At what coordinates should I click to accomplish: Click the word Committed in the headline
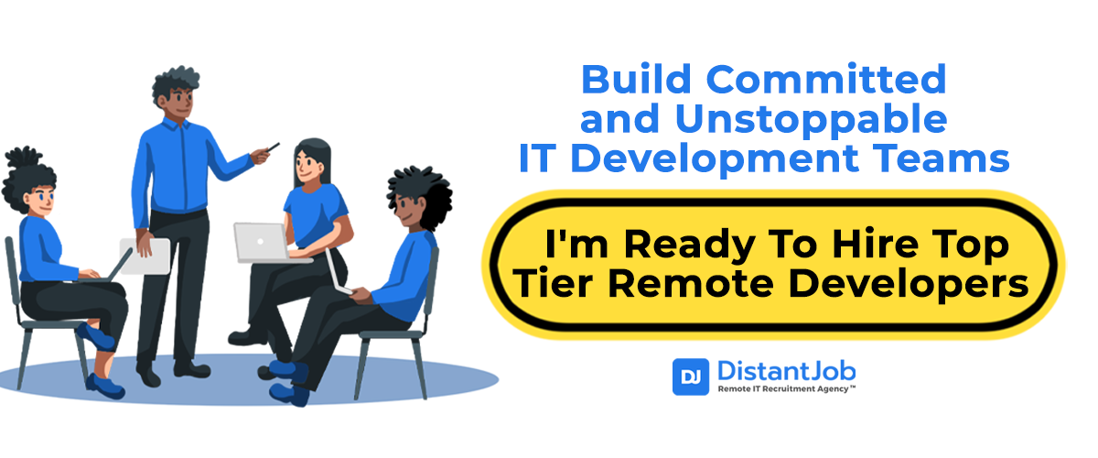point(826,79)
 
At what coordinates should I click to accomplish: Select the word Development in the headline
point(715,159)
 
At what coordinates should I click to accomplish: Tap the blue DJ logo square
point(690,376)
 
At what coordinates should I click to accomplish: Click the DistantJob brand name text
point(787,372)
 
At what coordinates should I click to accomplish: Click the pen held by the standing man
point(273,147)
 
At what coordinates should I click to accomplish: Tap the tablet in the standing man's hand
point(145,256)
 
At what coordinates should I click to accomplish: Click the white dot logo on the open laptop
point(260,242)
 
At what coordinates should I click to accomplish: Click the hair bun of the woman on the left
point(22,157)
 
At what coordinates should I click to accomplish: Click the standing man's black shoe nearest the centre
point(192,369)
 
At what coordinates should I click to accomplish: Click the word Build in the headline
point(636,79)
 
